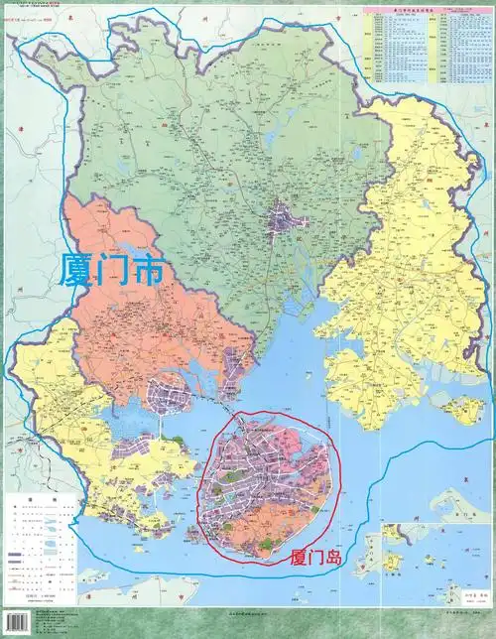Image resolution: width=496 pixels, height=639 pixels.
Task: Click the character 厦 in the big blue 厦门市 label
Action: tap(78, 269)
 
